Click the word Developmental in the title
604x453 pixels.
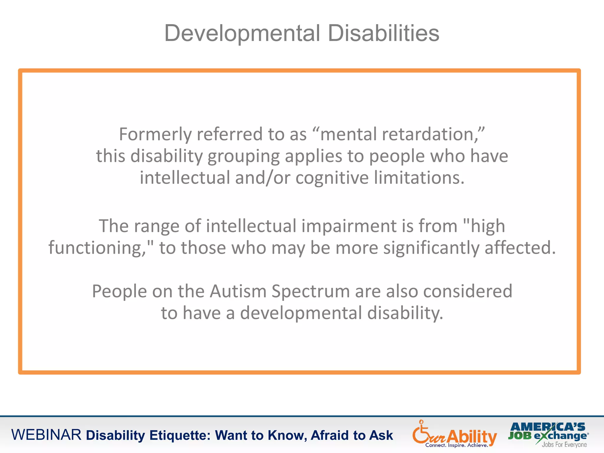point(242,33)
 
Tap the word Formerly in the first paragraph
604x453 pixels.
point(155,134)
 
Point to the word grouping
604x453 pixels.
point(243,156)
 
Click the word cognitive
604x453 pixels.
point(332,178)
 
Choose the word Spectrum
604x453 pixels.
point(310,292)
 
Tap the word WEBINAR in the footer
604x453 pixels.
point(46,435)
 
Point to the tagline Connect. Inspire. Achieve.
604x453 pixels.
point(457,445)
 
